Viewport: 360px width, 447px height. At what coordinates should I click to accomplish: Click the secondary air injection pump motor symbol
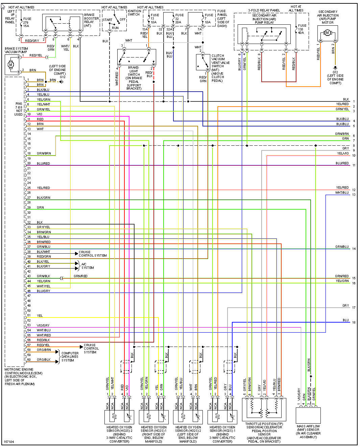(327, 33)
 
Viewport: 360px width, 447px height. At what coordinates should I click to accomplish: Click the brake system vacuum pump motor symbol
(11, 65)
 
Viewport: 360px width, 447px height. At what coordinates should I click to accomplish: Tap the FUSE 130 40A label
(302, 29)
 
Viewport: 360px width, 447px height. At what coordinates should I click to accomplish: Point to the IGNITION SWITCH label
(134, 13)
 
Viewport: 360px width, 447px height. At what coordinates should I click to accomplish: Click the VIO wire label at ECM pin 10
(40, 114)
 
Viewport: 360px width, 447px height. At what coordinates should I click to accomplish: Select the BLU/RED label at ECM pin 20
(43, 163)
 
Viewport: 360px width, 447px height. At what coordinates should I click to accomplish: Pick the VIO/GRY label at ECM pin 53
(43, 325)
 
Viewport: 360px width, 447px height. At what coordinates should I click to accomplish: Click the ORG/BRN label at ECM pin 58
(44, 350)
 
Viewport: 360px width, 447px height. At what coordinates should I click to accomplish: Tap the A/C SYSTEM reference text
(87, 266)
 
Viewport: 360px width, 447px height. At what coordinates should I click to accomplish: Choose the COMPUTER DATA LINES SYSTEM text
(70, 357)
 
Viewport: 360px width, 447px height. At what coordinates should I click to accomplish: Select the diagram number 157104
(9, 442)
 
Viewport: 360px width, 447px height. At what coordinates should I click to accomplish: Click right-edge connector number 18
(354, 323)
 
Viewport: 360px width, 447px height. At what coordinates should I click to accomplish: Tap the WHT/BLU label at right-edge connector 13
(342, 193)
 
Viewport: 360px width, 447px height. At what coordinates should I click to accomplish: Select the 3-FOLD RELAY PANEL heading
(264, 10)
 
